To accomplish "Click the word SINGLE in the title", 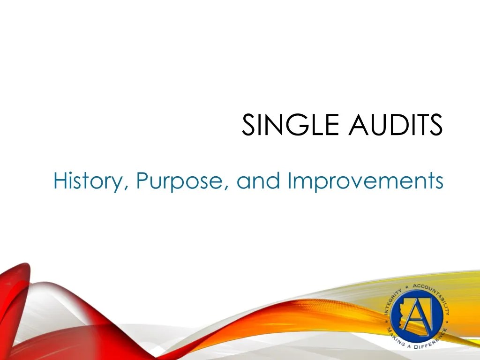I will pyautogui.click(x=284, y=126).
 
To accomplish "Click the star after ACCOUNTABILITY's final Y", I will pyautogui.click(x=449, y=323).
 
